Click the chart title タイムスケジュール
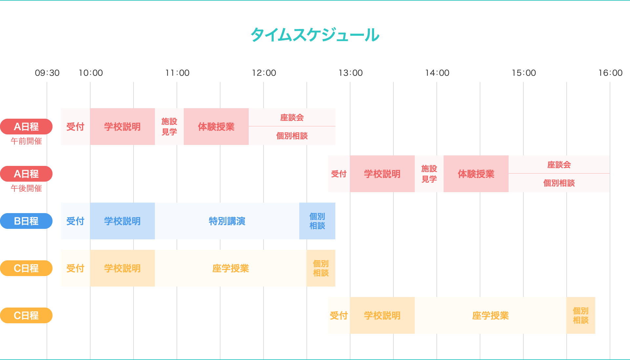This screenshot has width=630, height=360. click(x=315, y=35)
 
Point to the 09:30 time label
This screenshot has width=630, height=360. click(x=47, y=73)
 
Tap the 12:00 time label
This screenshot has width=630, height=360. click(x=264, y=73)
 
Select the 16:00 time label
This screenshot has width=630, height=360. click(x=610, y=73)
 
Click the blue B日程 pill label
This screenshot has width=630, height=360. click(x=26, y=221)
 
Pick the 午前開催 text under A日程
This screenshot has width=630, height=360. click(x=26, y=141)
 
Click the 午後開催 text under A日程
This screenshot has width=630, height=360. click(x=26, y=189)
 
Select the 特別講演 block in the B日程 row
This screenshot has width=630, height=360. click(x=227, y=221)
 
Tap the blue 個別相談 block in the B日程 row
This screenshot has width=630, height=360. click(x=317, y=221)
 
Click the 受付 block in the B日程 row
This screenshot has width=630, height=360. click(x=75, y=221)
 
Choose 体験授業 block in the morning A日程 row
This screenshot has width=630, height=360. click(x=216, y=127)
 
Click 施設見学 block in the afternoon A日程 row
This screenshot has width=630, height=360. click(x=429, y=174)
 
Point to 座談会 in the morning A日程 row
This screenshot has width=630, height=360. click(x=292, y=117)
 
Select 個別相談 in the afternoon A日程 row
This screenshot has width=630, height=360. click(x=559, y=183)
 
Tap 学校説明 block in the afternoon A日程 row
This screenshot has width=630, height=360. click(x=382, y=174)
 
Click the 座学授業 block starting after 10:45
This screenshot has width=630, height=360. click(x=230, y=268)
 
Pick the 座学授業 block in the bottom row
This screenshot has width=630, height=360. click(x=490, y=315)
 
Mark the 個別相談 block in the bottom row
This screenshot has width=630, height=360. click(x=580, y=315)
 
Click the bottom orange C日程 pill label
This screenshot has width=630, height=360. click(x=26, y=315)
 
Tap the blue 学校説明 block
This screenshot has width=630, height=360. click(x=122, y=221)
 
